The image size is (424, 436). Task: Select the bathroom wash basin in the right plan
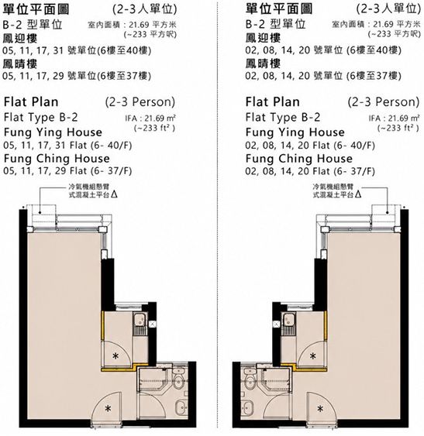pyautogui.click(x=247, y=407)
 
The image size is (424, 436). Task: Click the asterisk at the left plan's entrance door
pyautogui.click(x=108, y=409)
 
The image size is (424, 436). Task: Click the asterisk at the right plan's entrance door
pyautogui.click(x=320, y=409)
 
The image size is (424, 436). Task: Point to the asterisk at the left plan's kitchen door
pyautogui.click(x=115, y=355)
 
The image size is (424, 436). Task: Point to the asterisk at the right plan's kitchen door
pyautogui.click(x=313, y=355)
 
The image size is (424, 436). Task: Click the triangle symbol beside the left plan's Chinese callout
pyautogui.click(x=114, y=194)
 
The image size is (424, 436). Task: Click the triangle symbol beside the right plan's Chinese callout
pyautogui.click(x=358, y=194)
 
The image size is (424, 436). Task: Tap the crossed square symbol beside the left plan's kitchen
pyautogui.click(x=153, y=324)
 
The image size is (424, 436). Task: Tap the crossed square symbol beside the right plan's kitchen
pyautogui.click(x=276, y=324)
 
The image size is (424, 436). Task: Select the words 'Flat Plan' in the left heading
pyautogui.click(x=31, y=102)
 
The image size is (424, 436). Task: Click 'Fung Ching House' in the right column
pyautogui.click(x=299, y=159)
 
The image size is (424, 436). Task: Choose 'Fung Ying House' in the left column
pyautogui.click(x=53, y=132)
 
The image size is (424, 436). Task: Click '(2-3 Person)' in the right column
pyautogui.click(x=384, y=102)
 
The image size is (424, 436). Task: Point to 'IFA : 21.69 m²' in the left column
pyautogui.click(x=150, y=118)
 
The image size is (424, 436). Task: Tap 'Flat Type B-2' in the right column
pyautogui.click(x=283, y=118)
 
